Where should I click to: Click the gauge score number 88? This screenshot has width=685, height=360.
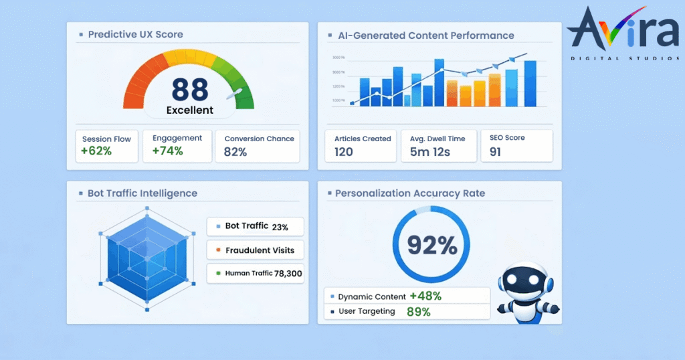(189, 89)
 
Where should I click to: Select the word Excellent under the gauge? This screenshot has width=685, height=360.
(189, 110)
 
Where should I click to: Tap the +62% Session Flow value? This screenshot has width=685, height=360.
(96, 151)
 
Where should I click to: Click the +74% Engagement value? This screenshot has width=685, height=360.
(167, 151)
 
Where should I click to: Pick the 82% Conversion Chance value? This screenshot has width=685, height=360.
(235, 152)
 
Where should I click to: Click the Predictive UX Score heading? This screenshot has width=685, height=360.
(135, 34)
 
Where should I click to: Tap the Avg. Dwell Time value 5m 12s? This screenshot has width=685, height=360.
(429, 152)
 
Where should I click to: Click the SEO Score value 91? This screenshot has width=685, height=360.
(495, 152)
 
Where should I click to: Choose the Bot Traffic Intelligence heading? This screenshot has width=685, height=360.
(142, 193)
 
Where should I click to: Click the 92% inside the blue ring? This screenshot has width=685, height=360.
(432, 246)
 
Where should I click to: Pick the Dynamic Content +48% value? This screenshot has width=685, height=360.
(425, 296)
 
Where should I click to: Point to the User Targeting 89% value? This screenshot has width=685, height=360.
(419, 311)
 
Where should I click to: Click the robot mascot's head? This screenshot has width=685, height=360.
(528, 281)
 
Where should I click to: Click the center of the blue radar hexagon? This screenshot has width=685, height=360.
(147, 258)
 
